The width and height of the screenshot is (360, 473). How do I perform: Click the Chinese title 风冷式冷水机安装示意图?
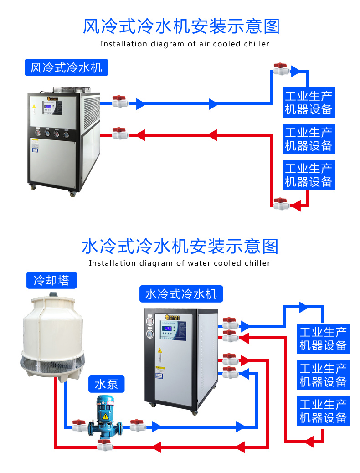181,26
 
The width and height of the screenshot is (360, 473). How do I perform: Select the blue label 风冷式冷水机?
66,68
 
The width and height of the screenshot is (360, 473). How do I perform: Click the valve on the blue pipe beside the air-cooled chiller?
120,101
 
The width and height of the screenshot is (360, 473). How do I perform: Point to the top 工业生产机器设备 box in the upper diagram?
309,103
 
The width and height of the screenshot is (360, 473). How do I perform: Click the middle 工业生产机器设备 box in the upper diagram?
309,139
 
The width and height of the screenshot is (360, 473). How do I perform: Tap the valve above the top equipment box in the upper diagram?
280,69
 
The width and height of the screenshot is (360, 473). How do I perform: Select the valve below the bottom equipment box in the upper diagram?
280,203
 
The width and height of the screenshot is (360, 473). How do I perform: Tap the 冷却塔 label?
51,280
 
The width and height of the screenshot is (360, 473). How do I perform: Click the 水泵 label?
106,385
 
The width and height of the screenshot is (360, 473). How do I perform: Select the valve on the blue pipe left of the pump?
79,426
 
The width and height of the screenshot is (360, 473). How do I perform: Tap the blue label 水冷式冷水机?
181,294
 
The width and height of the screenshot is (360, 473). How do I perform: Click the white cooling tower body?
53,328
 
